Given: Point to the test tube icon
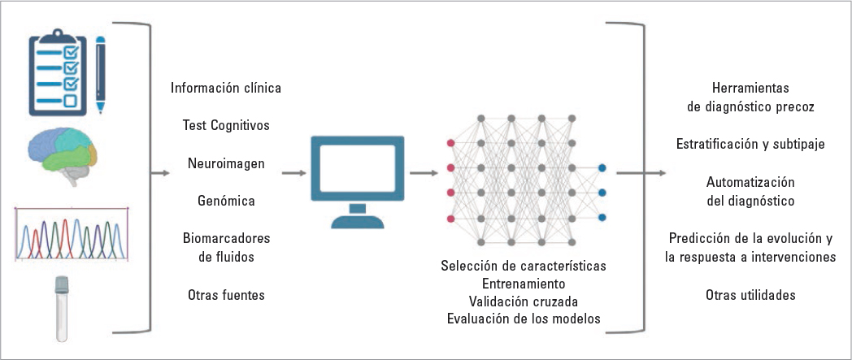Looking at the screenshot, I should click(x=61, y=308).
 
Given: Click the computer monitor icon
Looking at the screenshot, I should click(x=357, y=176).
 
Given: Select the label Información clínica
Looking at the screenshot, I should click(x=227, y=87).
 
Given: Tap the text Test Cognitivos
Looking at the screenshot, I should click(x=227, y=125).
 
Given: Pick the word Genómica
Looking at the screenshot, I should click(x=226, y=200).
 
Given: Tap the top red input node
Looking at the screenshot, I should click(x=450, y=143).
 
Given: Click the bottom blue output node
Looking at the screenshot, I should click(x=602, y=218).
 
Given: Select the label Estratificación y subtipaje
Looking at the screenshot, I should click(x=750, y=144).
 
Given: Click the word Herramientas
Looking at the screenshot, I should click(x=750, y=87).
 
